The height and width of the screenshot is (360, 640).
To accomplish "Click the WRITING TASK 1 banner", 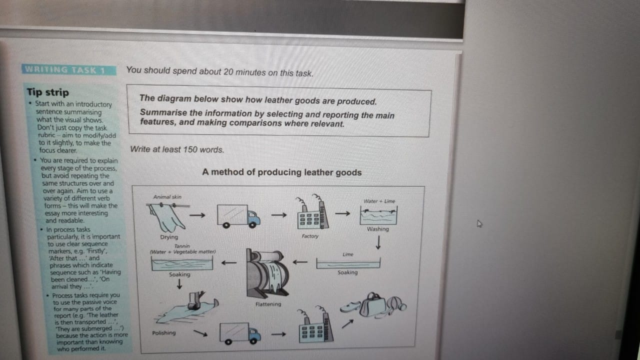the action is (x=69, y=69).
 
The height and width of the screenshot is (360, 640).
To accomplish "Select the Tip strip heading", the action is (x=48, y=92).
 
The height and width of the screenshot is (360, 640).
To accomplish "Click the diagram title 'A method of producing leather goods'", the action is (x=281, y=172).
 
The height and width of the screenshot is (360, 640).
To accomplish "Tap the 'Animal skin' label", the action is (x=167, y=197).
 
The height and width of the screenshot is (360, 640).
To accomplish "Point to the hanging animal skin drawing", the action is (x=167, y=217).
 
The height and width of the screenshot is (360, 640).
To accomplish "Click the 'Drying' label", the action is (x=169, y=237).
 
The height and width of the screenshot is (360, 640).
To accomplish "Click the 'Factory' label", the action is (x=310, y=236).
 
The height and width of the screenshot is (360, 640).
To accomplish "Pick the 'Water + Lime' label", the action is (x=379, y=201).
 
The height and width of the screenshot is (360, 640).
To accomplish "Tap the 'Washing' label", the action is (x=377, y=229).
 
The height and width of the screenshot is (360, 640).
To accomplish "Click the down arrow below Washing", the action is (x=378, y=242).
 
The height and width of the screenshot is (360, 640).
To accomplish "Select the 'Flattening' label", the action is (x=268, y=304).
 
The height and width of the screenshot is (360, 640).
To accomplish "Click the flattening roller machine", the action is (x=267, y=273).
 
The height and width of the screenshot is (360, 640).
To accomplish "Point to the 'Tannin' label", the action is (x=182, y=246).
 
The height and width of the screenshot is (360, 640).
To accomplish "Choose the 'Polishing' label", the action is (x=163, y=333).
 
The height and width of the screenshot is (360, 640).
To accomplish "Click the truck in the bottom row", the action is (x=240, y=333).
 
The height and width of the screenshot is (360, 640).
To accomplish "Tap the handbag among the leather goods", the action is (x=372, y=305).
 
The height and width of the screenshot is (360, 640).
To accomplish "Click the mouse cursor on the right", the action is (x=479, y=223).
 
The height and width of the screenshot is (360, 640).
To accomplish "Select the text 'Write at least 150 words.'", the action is (x=177, y=149).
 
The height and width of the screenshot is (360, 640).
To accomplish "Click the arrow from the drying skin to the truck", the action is (x=197, y=215).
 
